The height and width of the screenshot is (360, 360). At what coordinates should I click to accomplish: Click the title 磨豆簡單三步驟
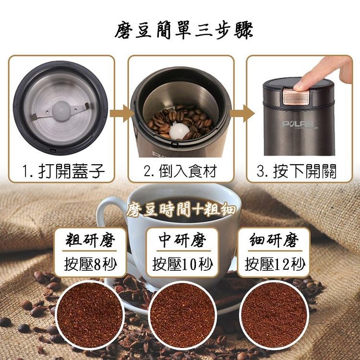(184, 30)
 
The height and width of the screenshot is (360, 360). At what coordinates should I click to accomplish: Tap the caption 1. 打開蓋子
(63, 171)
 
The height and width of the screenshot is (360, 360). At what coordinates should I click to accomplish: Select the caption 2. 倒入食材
(180, 171)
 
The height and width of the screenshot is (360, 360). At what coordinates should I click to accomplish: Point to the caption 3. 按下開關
(297, 171)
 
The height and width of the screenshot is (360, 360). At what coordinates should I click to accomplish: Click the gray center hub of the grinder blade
(61, 111)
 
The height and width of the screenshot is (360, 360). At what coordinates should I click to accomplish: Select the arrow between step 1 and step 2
(121, 113)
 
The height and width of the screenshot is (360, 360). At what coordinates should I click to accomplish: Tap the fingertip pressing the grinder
(300, 86)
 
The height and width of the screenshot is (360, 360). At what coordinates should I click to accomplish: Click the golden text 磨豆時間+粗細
(181, 209)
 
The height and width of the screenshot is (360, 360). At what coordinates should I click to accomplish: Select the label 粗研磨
(90, 240)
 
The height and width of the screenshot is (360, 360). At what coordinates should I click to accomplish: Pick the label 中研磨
(182, 240)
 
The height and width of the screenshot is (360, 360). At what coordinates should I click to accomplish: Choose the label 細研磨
(274, 240)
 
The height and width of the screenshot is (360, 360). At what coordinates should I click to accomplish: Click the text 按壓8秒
(90, 264)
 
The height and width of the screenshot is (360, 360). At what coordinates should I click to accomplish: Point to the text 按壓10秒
(183, 264)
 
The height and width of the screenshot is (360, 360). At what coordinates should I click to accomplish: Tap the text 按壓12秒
(275, 264)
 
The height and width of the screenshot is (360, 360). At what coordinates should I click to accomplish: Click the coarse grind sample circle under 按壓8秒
(90, 315)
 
